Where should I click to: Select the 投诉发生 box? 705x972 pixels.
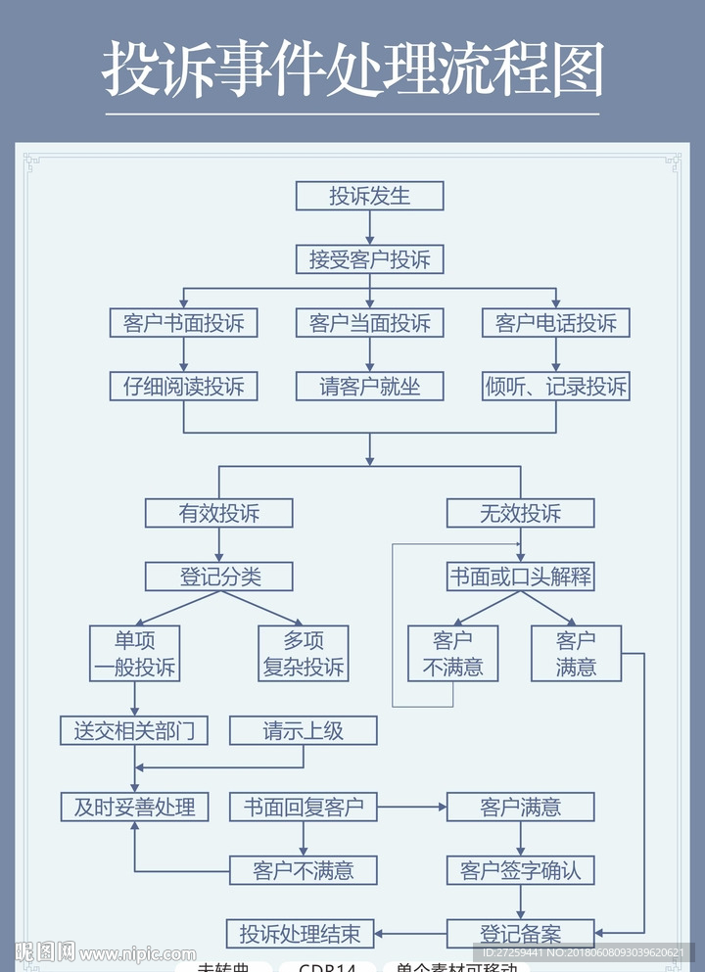pos(370,196)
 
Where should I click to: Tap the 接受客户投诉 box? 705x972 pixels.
pos(370,259)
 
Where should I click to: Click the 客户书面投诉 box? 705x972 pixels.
pos(184,323)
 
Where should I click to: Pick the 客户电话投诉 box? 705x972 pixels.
pos(556,323)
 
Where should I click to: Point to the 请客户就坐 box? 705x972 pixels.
pos(370,387)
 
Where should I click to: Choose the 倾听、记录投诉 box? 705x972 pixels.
pos(556,387)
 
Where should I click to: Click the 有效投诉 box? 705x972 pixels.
pos(219,513)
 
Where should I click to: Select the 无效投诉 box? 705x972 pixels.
pos(521,513)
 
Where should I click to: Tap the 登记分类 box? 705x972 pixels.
pos(219,577)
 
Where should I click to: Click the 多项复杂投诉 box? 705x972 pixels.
pos(304,654)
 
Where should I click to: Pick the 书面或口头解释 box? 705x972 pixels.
pos(521,577)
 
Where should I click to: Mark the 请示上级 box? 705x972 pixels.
pos(304,730)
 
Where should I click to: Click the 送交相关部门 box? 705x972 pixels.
pos(135,730)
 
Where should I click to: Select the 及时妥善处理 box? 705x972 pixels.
pos(135,807)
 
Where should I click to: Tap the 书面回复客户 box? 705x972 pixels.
pos(304,807)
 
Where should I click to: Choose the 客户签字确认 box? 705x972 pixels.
pos(521,870)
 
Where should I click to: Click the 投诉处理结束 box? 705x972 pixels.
pos(301,934)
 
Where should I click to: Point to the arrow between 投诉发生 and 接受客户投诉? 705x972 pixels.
pos(370,227)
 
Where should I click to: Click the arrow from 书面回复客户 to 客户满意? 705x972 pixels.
pos(412,807)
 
